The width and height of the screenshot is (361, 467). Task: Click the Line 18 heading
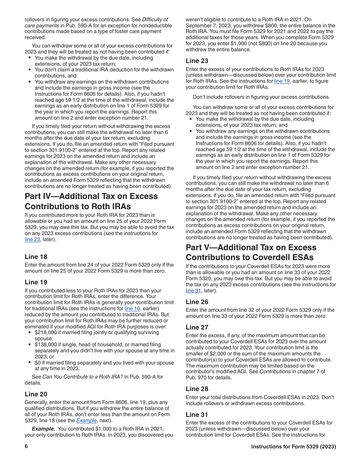36,257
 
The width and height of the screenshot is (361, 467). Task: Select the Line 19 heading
36,282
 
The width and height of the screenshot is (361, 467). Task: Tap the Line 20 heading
36,394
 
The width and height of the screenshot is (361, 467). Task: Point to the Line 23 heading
197,61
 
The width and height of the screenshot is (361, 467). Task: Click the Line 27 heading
197,327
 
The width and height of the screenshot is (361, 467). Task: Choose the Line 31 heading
197,415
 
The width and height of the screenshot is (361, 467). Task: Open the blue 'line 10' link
132,308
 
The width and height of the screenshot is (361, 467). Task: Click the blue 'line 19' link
282,81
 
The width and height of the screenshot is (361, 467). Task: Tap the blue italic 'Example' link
85,420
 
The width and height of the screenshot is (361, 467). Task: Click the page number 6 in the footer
26,446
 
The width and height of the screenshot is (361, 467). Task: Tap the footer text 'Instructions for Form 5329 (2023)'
293,447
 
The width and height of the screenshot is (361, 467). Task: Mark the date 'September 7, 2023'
209,25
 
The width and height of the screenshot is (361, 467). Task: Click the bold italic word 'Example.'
43,429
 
